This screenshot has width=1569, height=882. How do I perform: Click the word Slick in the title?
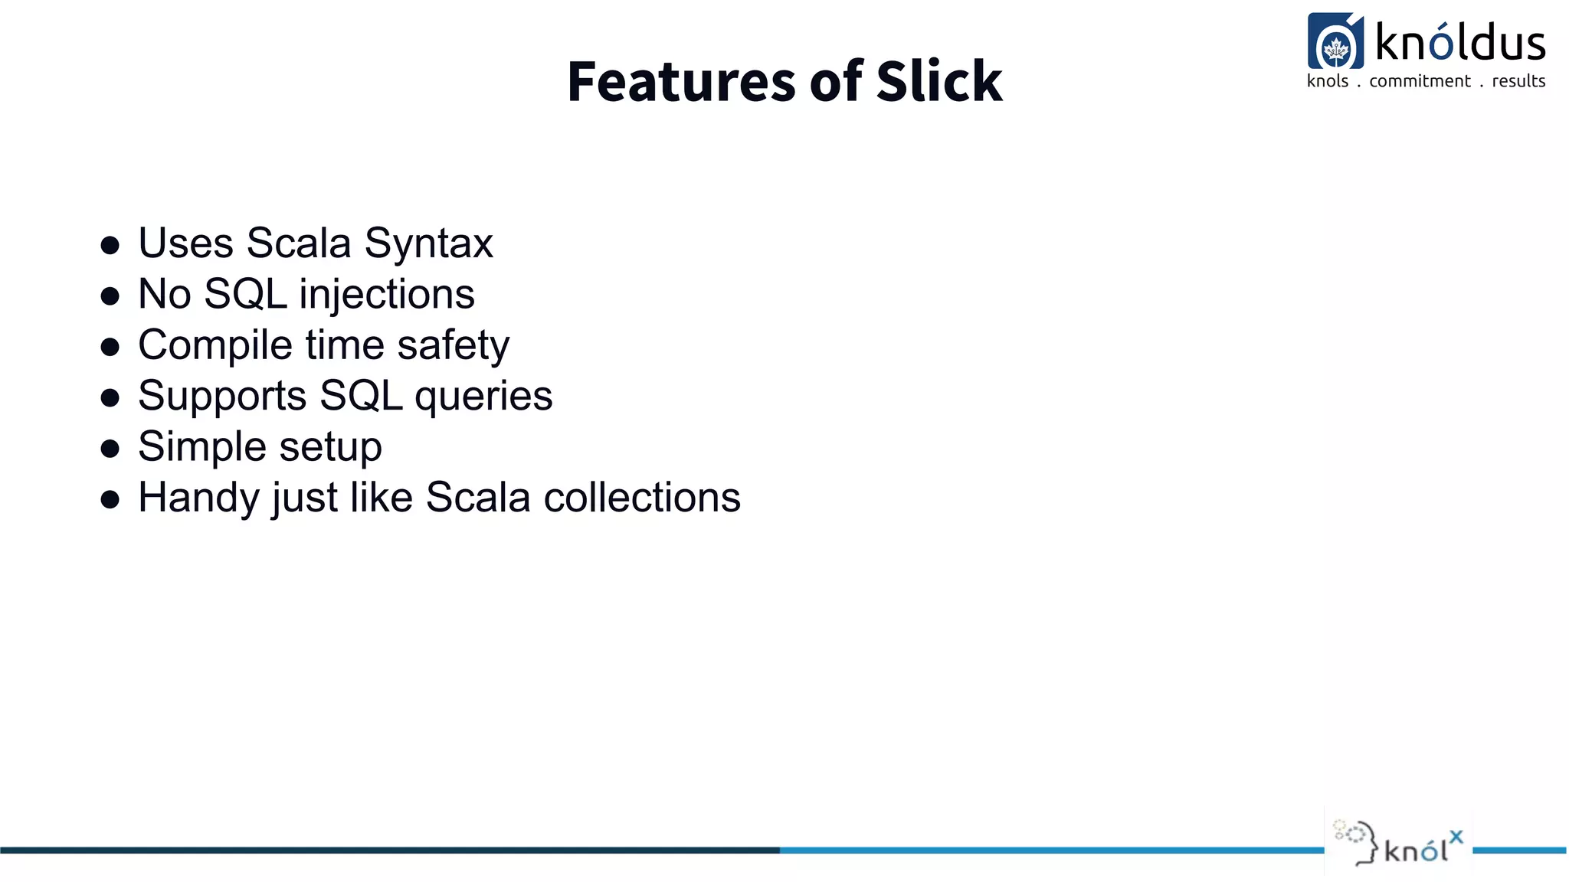pos(938,81)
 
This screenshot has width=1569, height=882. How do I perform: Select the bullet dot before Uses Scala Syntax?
pos(110,245)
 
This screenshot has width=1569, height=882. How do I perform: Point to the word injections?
pos(387,295)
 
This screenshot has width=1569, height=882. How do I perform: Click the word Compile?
pos(215,345)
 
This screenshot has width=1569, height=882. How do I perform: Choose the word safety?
pos(453,345)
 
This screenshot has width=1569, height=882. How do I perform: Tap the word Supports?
pos(222,397)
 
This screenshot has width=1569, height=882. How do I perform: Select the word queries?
pos(483,397)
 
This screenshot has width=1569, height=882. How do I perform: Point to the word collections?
pos(642,498)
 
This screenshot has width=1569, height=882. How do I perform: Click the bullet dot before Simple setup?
pos(110,449)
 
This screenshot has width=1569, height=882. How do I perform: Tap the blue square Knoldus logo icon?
pos(1335,41)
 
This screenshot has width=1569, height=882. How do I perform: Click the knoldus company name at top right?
pos(1459,42)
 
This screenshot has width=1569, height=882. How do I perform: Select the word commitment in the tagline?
pos(1420,81)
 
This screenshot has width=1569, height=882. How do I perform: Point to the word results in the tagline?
pos(1518,81)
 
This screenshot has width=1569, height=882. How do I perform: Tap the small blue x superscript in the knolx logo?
pos(1456,837)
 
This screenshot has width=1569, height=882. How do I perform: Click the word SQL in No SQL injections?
pos(245,295)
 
